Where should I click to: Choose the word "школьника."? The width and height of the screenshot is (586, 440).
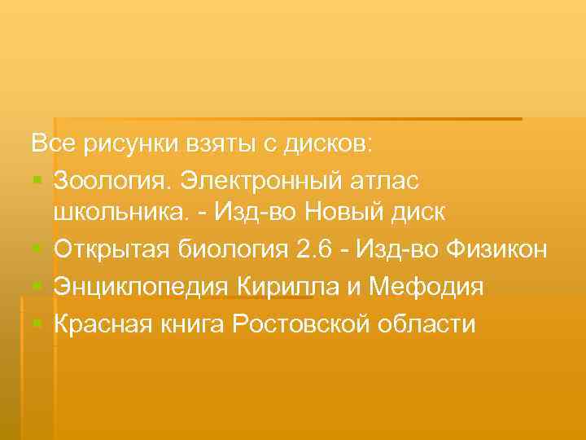click(x=125, y=213)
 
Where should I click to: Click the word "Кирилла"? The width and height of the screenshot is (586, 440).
click(x=281, y=286)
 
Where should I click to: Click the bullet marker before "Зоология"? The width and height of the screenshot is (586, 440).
click(x=38, y=178)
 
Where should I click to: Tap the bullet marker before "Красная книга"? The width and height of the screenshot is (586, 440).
click(x=38, y=323)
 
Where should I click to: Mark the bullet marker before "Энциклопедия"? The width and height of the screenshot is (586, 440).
click(x=38, y=286)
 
